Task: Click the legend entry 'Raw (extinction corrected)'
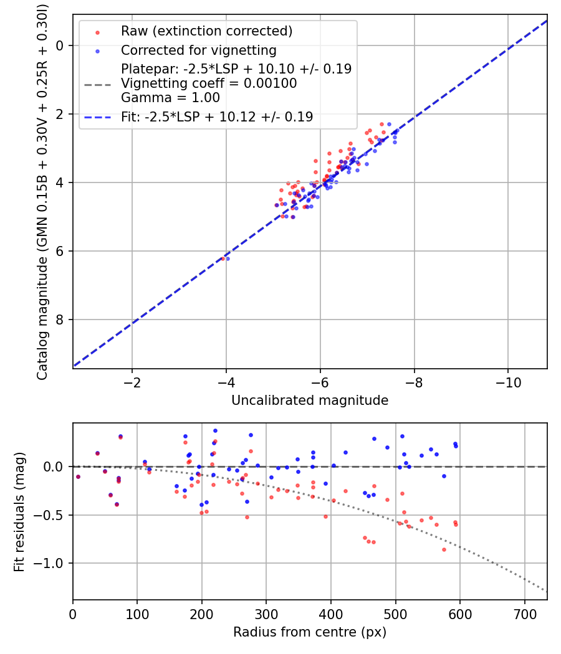[206, 31]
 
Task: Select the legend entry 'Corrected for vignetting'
[198, 50]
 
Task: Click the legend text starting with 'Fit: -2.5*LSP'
[217, 116]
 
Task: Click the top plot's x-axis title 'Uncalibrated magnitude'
[310, 400]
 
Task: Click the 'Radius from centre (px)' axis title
[310, 632]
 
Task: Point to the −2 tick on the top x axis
[132, 382]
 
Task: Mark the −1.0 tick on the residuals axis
[53, 564]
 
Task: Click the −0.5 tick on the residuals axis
[53, 515]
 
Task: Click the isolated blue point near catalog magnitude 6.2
[228, 258]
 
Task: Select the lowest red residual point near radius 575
[444, 549]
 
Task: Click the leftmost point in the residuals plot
[78, 476]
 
